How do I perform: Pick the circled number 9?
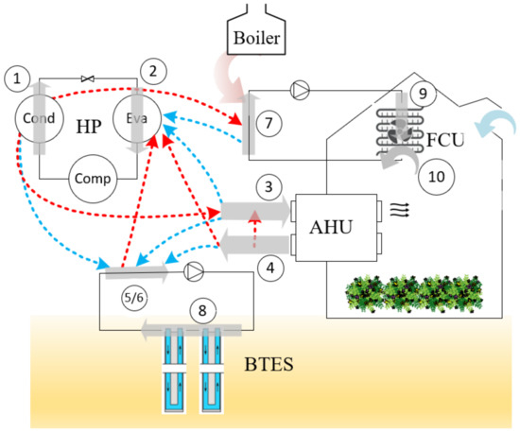[x=424, y=94]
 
